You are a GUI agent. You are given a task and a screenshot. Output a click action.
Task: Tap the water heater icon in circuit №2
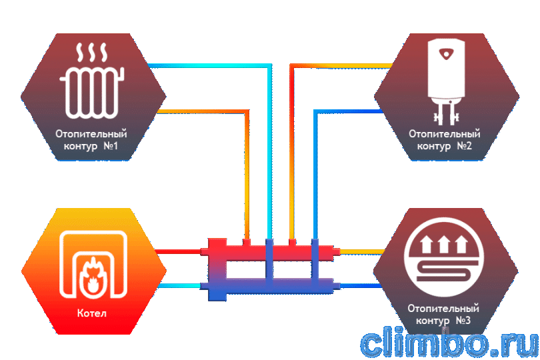[x=446, y=81]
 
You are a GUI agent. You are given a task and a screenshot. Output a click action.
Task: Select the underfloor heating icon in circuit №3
[x=444, y=257]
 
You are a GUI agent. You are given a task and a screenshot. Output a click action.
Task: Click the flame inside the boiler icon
[x=92, y=275]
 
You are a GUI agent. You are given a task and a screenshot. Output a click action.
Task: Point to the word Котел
[x=92, y=313]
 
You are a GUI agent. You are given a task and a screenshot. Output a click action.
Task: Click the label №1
[x=111, y=146]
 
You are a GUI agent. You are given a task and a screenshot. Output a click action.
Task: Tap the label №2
[x=464, y=146]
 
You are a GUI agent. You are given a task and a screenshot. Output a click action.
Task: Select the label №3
[x=463, y=321]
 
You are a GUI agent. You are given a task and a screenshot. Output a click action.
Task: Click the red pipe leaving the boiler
[x=178, y=251]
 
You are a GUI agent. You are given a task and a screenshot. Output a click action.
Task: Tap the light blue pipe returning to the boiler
[x=178, y=285]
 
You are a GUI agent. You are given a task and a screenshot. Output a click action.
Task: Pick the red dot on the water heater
[x=446, y=54]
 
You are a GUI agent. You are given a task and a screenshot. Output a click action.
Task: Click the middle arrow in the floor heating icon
[x=444, y=244]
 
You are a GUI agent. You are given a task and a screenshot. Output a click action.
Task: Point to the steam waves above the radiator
[x=92, y=53]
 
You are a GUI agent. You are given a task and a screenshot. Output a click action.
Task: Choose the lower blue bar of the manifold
[x=271, y=286]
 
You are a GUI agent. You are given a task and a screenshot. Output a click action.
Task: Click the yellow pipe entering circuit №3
[x=361, y=251]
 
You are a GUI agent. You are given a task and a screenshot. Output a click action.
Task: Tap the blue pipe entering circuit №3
[x=361, y=285]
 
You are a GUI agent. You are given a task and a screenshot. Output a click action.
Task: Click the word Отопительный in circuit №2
[x=444, y=133]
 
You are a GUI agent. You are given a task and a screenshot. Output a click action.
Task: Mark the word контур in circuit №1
[x=81, y=146]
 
